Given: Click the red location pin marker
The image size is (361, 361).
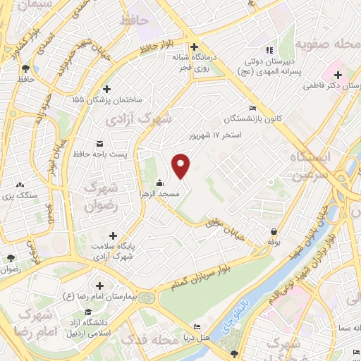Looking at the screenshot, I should point(181,164).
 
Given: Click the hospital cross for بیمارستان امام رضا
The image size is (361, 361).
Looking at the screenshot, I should point(100,286).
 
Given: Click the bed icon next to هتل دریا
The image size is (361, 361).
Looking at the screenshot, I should point(197,326).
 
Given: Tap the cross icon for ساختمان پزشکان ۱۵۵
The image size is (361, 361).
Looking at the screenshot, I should point(106,89).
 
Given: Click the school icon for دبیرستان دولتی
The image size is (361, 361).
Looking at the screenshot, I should point(268,51).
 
